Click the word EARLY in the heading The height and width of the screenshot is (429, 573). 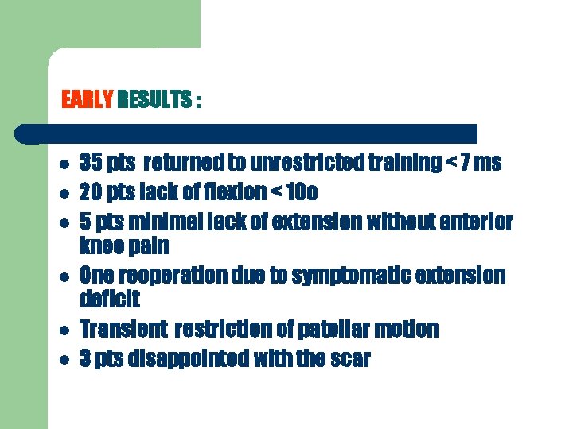pos(88,101)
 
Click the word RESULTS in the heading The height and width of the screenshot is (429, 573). pos(154,101)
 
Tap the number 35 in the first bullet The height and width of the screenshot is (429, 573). pos(92,163)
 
